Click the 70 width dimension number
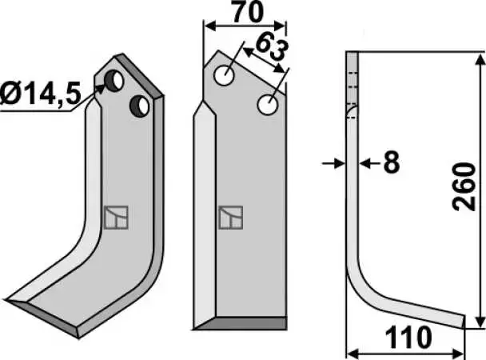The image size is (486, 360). [x=248, y=13]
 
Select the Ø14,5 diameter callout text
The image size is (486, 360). [x=40, y=94]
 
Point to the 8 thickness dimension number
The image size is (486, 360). [x=392, y=162]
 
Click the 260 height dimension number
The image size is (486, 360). [x=464, y=187]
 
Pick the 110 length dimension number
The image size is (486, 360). [x=408, y=338]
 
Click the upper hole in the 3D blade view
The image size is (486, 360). [x=114, y=81]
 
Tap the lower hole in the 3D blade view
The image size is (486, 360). [x=139, y=106]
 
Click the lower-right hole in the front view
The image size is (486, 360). [x=268, y=105]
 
